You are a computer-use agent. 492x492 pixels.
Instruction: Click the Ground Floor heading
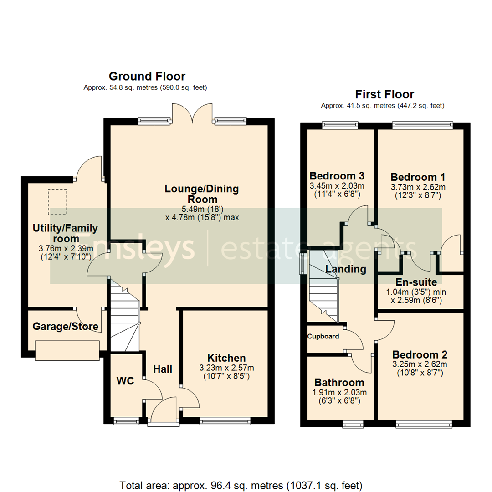(147, 76)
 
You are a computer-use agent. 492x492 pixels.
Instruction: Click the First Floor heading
(384, 94)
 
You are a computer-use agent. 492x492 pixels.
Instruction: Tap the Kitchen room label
(226, 358)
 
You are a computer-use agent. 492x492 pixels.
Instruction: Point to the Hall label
(163, 369)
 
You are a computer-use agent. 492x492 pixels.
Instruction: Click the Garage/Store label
(65, 327)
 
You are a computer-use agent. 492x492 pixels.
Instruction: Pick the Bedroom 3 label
(337, 176)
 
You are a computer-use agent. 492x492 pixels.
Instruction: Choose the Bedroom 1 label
(418, 177)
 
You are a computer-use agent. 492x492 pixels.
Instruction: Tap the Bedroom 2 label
(420, 354)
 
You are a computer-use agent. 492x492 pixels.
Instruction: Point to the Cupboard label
(323, 337)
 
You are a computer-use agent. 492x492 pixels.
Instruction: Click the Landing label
(346, 269)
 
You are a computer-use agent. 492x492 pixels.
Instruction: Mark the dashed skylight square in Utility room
(57, 199)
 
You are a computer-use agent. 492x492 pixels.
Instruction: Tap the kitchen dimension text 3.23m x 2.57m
(226, 368)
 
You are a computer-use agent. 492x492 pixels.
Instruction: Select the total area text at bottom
(241, 484)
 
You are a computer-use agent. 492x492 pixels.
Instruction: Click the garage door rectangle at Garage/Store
(67, 350)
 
